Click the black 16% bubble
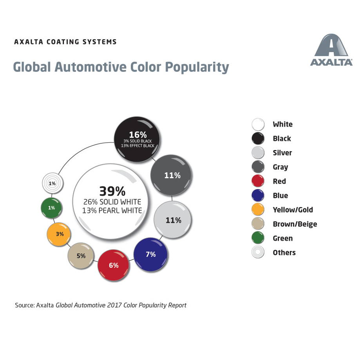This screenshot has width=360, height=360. pyautogui.click(x=136, y=139)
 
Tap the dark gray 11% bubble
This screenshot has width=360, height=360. pyautogui.click(x=171, y=175)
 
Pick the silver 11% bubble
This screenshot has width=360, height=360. pyautogui.click(x=173, y=220)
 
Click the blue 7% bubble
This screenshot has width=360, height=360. pyautogui.click(x=150, y=254)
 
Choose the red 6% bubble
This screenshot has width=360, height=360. pyautogui.click(x=114, y=265)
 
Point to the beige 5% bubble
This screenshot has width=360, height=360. pyautogui.click(x=81, y=256)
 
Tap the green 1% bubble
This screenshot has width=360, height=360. pyautogui.click(x=52, y=208)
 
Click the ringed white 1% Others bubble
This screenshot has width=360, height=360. pyautogui.click(x=52, y=183)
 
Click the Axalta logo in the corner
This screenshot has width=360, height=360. pyautogui.click(x=331, y=50)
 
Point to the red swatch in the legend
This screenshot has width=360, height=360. pyautogui.click(x=258, y=181)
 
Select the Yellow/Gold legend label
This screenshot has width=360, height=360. pyautogui.click(x=293, y=210)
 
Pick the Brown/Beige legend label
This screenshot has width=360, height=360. pyautogui.click(x=295, y=224)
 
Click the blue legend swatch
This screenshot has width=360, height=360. pyautogui.click(x=258, y=195)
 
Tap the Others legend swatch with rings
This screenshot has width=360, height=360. pyautogui.click(x=258, y=253)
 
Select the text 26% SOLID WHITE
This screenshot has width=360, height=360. pyautogui.click(x=112, y=202)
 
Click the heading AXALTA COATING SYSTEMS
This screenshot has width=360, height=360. pyautogui.click(x=65, y=42)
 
